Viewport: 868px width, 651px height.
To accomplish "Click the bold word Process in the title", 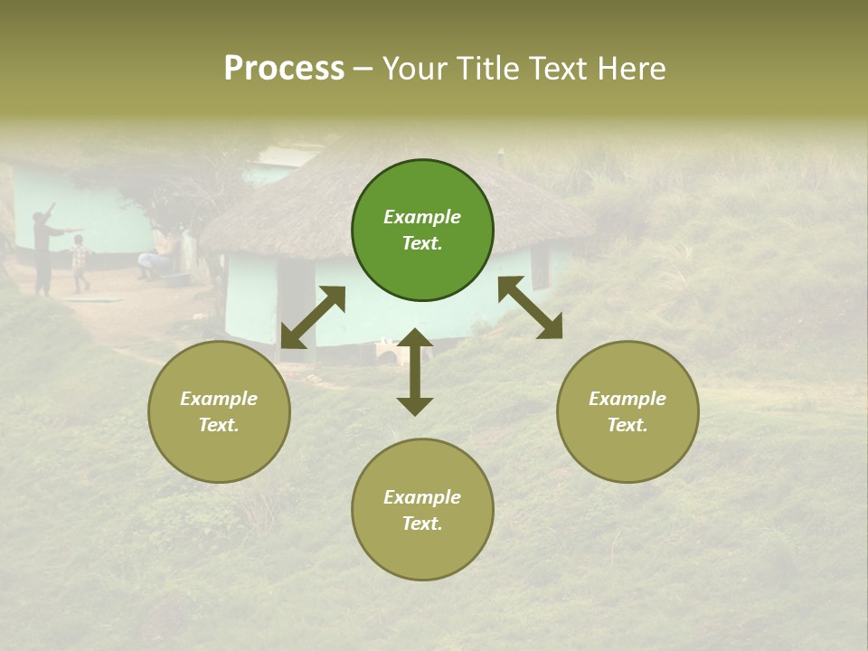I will click(x=284, y=68).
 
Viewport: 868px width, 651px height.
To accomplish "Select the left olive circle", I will click(x=219, y=411).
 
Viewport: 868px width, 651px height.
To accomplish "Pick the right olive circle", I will click(x=627, y=411).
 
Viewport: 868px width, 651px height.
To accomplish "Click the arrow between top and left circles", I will click(x=313, y=317).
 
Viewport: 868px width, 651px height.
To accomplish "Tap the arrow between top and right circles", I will click(x=530, y=307).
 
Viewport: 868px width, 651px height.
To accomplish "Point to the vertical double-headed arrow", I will click(x=415, y=372).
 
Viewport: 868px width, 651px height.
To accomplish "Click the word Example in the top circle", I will click(x=422, y=217).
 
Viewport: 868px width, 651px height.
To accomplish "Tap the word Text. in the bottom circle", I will click(x=422, y=524).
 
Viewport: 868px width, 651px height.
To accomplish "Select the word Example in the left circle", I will click(x=219, y=399).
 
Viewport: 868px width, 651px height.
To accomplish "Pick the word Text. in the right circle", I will click(x=627, y=425).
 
